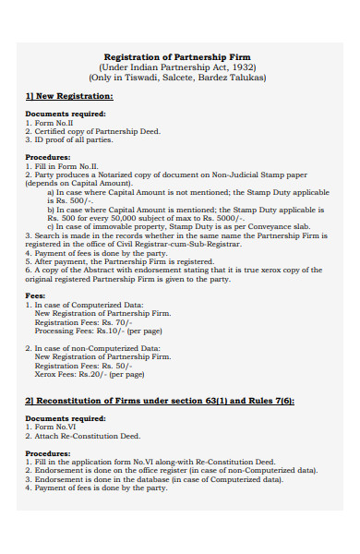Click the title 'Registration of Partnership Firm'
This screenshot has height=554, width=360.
tap(184, 57)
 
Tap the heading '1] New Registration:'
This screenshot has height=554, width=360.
tap(69, 96)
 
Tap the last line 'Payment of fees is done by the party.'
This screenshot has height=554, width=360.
tap(99, 488)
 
